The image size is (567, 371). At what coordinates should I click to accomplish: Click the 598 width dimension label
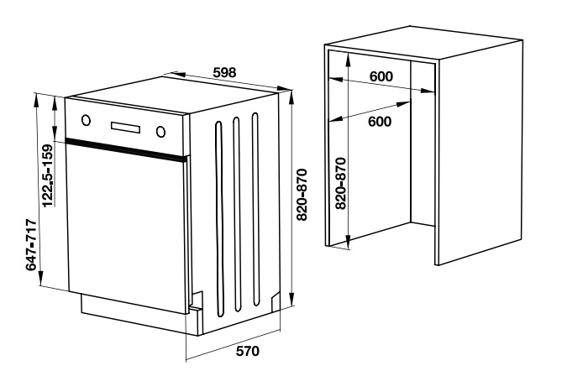[x=224, y=72]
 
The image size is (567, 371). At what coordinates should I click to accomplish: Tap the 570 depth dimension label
[x=248, y=351]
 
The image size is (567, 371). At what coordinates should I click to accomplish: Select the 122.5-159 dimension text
[x=47, y=176]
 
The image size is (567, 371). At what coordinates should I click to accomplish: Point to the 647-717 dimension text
[x=31, y=244]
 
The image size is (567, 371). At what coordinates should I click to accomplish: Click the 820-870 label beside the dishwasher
[x=302, y=195]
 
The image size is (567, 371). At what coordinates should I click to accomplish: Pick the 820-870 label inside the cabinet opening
[x=340, y=184]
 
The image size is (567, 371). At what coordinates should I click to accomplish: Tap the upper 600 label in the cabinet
[x=381, y=76]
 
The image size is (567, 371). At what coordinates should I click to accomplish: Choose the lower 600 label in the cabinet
[x=380, y=122]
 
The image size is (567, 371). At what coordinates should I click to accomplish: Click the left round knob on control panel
[x=86, y=120]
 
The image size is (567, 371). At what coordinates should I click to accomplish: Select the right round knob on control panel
[x=161, y=132]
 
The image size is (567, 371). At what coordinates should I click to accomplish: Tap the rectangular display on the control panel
[x=125, y=127]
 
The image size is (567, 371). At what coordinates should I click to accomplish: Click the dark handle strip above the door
[x=128, y=148]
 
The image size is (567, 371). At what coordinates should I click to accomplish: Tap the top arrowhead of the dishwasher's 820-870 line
[x=291, y=96]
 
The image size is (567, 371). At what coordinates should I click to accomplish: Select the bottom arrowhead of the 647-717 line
[x=41, y=280]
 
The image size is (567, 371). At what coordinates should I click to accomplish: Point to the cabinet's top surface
[x=424, y=42]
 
